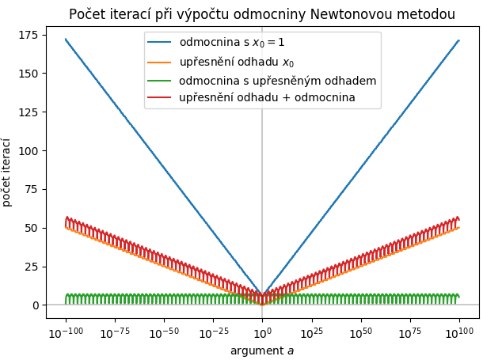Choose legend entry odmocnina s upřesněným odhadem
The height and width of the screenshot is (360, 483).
coord(277,80)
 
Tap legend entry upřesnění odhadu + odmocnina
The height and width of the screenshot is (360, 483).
coord(267,97)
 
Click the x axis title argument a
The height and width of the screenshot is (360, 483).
coord(262,350)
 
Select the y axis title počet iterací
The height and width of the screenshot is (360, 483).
coord(9,172)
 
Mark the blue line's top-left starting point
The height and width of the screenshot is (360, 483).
coord(66,39)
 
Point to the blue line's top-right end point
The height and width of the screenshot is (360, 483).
coord(458,40)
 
